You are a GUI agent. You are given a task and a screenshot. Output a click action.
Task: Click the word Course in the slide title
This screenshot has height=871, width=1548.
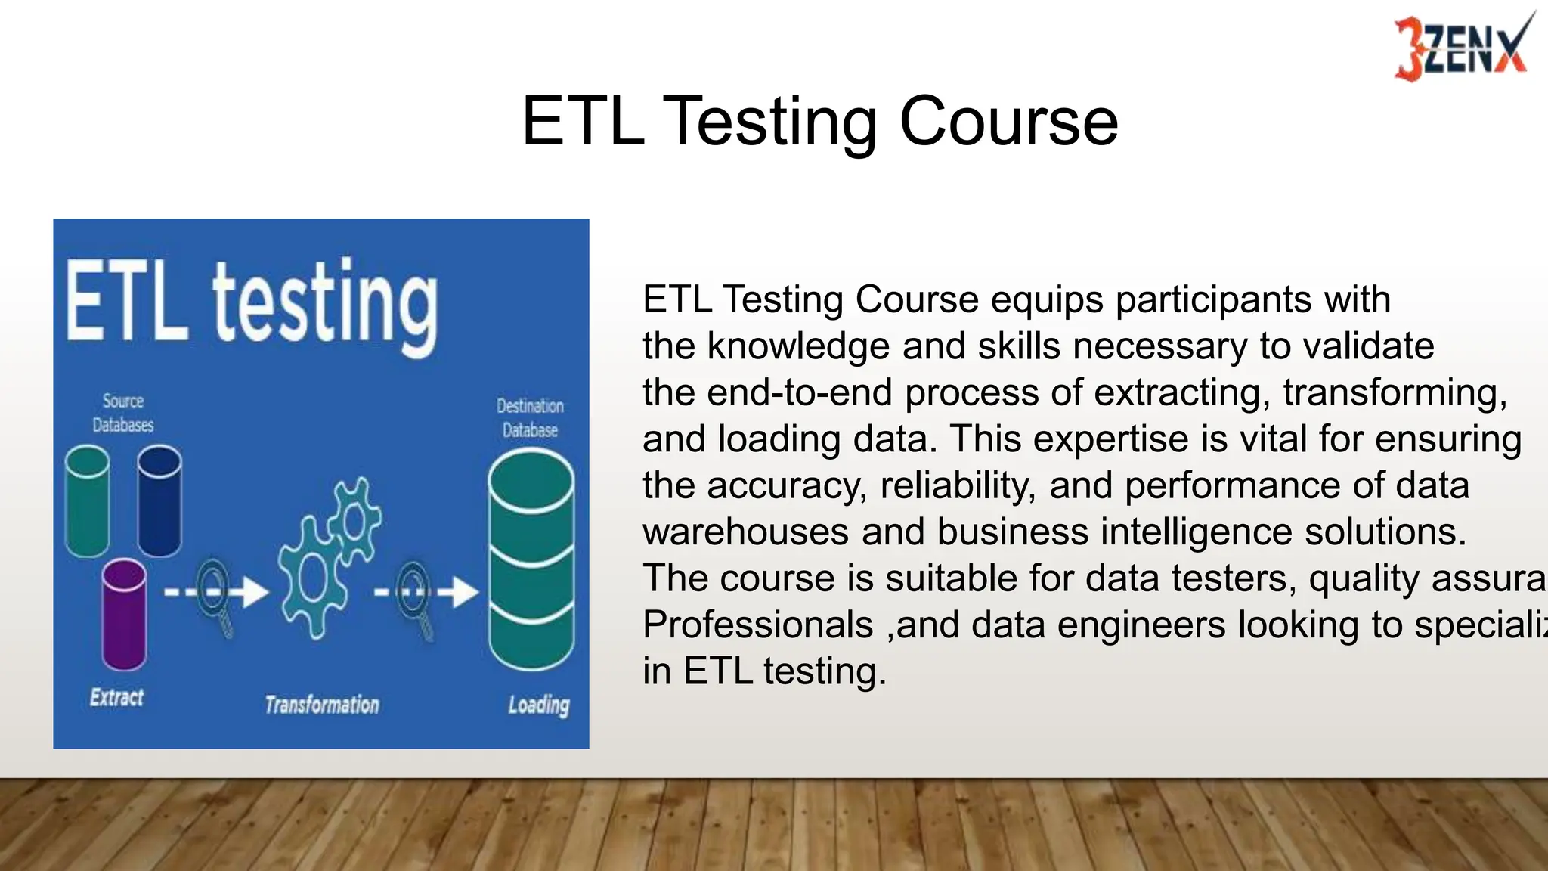1008,121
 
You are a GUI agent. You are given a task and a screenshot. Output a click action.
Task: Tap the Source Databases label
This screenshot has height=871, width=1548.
122,413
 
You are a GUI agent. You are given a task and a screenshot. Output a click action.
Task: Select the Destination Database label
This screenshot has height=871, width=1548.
530,418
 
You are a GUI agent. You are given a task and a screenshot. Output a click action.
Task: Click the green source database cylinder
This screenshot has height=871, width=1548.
88,501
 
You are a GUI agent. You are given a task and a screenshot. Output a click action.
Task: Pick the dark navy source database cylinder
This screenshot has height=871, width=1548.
159,501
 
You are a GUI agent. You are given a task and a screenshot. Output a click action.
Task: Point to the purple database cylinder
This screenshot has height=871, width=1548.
124,614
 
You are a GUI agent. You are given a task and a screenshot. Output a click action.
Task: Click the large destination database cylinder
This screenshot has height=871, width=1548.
531,559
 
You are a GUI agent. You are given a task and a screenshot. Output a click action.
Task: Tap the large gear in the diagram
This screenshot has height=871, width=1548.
311,578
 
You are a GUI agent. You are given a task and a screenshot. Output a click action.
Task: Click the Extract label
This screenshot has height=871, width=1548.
116,697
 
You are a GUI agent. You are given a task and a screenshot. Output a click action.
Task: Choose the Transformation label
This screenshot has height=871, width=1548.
322,705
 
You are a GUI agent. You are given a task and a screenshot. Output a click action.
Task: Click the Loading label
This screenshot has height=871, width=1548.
538,705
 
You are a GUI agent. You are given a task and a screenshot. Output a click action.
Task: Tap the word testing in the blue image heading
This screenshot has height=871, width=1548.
325,306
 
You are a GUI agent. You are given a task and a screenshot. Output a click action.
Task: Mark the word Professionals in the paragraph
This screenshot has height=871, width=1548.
757,625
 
